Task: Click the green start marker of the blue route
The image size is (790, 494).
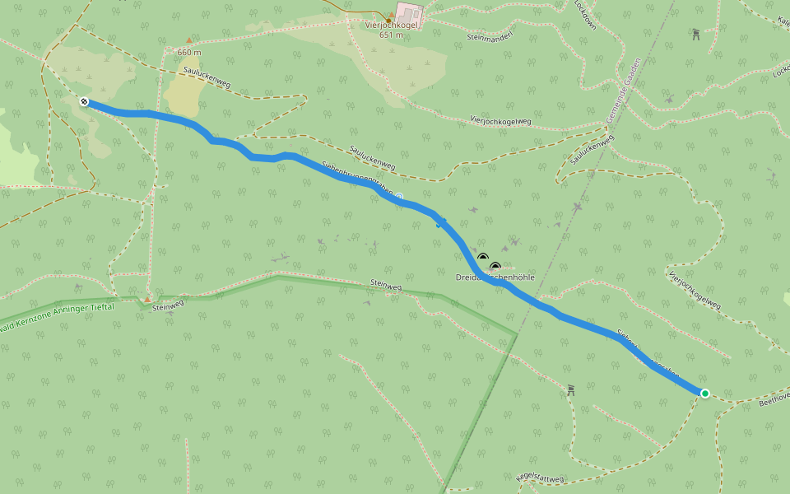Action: (704, 394)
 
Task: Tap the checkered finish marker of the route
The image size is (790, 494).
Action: (84, 102)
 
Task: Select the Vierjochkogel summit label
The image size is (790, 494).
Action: (392, 25)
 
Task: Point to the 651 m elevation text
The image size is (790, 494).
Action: (392, 35)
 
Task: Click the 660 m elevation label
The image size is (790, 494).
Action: (188, 52)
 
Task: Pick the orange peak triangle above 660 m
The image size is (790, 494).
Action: (188, 40)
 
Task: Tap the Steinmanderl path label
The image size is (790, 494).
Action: (490, 37)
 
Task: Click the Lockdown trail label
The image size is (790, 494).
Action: (585, 16)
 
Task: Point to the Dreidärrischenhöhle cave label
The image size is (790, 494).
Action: (495, 277)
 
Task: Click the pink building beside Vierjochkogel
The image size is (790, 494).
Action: (410, 14)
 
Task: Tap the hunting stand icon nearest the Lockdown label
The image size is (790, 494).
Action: (696, 34)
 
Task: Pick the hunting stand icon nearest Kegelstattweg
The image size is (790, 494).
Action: (570, 389)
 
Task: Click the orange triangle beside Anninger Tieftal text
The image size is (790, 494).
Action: (147, 300)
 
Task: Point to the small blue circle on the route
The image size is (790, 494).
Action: (399, 196)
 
